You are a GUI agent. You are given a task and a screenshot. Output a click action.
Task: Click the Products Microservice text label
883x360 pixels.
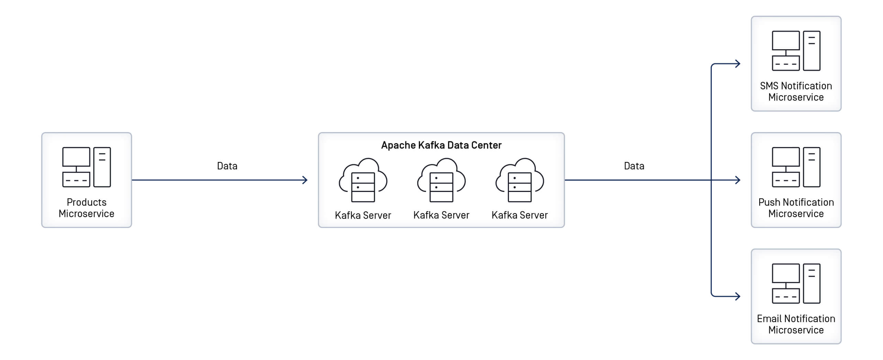pos(86,208)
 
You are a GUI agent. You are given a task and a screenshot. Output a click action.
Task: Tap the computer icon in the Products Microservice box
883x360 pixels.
pos(86,167)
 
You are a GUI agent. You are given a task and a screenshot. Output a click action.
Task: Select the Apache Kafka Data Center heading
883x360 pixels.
pos(441,145)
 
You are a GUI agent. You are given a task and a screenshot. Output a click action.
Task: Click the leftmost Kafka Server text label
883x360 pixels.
pos(363,215)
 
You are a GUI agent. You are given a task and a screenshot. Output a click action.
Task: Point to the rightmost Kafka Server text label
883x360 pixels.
pos(520,215)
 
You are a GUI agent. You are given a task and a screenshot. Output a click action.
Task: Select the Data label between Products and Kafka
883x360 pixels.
pos(227,166)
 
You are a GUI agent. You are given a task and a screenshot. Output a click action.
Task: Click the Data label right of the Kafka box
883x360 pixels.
pos(634,166)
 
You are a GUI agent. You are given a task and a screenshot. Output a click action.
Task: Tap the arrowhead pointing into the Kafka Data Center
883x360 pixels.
pos(305,180)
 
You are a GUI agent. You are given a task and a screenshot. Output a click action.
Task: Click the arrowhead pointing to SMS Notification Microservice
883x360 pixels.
pos(737,64)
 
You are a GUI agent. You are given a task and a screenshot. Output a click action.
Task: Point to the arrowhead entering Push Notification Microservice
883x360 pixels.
pos(737,180)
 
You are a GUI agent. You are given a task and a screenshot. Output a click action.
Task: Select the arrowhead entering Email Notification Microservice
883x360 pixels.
pos(737,296)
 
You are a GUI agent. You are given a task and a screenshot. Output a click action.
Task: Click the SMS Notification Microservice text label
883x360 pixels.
pos(796,91)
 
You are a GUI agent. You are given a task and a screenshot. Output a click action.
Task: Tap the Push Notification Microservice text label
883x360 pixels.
pos(796,208)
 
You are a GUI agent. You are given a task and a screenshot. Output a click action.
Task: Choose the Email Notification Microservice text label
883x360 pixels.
pos(796,324)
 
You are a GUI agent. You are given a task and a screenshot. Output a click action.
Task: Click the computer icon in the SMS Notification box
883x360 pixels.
pos(796,51)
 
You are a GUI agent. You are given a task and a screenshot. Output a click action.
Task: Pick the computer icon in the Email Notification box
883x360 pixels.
pos(796,283)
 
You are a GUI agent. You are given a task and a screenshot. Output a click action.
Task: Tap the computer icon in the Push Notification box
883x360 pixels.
pos(796,167)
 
